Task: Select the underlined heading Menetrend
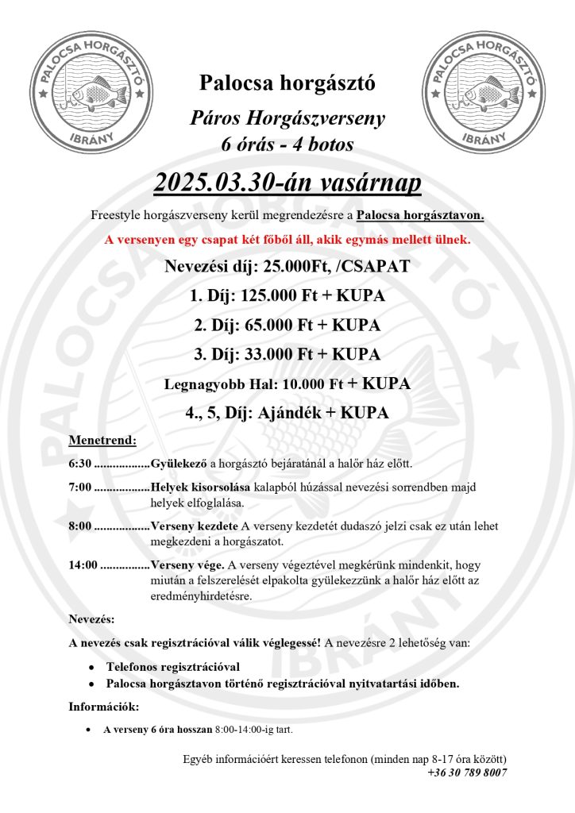[102, 439]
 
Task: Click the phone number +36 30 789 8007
[467, 772]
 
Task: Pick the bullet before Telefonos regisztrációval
[93, 667]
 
